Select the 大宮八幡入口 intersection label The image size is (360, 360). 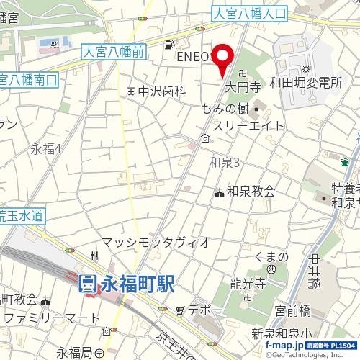coord(250,13)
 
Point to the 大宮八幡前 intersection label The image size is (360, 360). coord(114,51)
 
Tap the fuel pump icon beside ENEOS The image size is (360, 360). coord(168,44)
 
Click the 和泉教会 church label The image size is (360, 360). coord(251,192)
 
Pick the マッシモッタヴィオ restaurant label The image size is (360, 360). coord(156,242)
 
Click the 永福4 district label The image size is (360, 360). coord(45,149)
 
